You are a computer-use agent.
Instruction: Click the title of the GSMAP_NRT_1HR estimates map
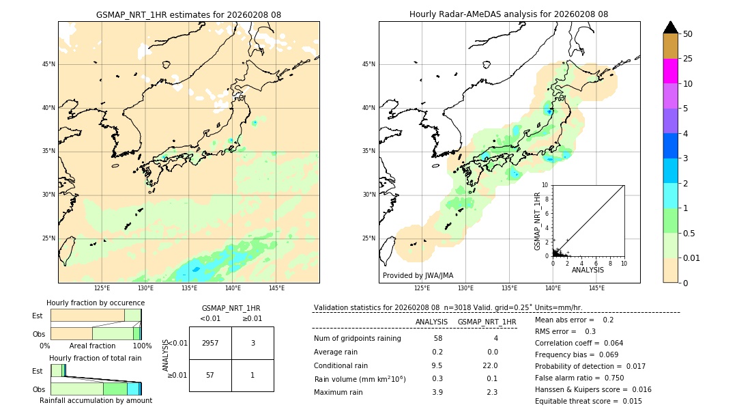[188, 14]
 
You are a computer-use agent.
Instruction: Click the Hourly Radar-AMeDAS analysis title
[508, 14]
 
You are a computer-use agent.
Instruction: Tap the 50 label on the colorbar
[688, 34]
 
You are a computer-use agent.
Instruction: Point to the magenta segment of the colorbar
[670, 71]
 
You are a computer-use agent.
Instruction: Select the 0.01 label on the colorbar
[692, 257]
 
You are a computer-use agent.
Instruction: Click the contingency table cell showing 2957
[210, 343]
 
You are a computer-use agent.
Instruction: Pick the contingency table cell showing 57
[210, 375]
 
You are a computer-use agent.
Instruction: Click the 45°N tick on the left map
[48, 64]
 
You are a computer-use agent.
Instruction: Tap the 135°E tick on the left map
[189, 288]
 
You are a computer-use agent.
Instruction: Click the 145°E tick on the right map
[596, 288]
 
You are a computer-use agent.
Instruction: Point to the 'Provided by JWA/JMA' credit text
[418, 275]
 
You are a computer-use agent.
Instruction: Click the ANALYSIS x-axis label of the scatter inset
[588, 270]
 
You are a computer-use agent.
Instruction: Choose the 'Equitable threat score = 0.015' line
[588, 401]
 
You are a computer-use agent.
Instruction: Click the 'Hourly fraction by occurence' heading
[96, 303]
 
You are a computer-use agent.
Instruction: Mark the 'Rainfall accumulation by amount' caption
[96, 400]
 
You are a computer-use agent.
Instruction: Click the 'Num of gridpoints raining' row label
[357, 339]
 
